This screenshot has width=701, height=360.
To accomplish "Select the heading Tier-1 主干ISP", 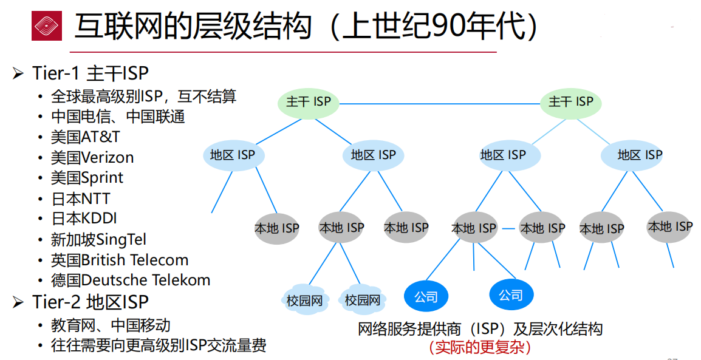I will (x=90, y=73).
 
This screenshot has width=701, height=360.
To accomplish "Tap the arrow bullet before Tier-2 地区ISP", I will (x=18, y=302).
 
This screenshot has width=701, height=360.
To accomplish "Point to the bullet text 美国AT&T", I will (x=86, y=137).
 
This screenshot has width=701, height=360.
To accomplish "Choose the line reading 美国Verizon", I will (x=92, y=157).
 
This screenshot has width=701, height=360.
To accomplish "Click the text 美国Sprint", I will (x=87, y=178).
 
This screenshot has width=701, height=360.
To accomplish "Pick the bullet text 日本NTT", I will (x=81, y=199).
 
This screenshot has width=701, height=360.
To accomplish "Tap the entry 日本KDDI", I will (x=84, y=219).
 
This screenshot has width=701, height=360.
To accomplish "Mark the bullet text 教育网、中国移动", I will (x=111, y=325).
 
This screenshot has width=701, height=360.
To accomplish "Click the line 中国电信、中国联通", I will (x=118, y=116).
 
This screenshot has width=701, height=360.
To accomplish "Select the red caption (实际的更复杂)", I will (x=480, y=347).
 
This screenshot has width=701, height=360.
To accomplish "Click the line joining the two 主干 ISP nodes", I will (x=440, y=103).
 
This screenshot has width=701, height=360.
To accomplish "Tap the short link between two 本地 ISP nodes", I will (x=508, y=229).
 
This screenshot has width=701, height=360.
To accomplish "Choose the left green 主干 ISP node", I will (x=309, y=102).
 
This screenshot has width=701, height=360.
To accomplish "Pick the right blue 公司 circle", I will (x=511, y=295).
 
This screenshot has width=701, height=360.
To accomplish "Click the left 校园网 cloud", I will (x=304, y=300).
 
